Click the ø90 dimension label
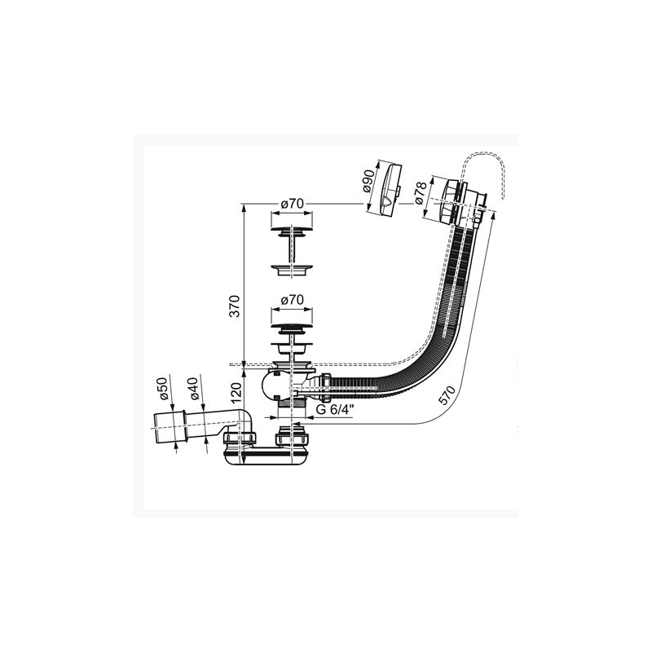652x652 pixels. tap(368, 179)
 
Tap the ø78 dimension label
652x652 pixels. tap(420, 193)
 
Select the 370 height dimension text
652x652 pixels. tap(235, 306)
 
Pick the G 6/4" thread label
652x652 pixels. tap(335, 409)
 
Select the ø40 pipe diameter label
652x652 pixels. tap(194, 389)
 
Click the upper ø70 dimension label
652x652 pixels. tap(292, 204)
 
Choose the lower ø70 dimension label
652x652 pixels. tap(292, 299)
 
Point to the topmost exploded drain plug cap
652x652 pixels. tap(292, 230)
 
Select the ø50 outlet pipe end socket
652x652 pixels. tap(170, 428)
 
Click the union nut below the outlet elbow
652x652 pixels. tap(241, 438)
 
